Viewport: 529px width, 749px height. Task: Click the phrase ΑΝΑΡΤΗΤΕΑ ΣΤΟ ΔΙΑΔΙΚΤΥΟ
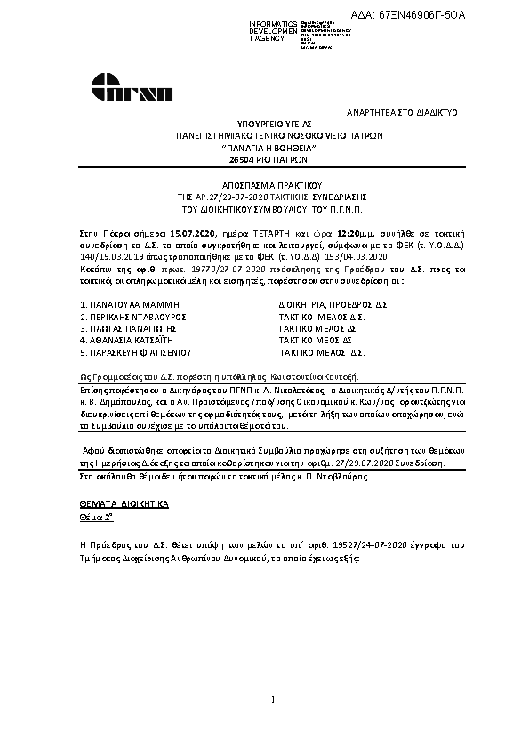[x=401, y=114]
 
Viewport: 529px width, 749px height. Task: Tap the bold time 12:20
[x=300, y=230]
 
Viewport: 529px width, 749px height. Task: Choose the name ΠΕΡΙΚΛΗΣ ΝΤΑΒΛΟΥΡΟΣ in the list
[x=132, y=316]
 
